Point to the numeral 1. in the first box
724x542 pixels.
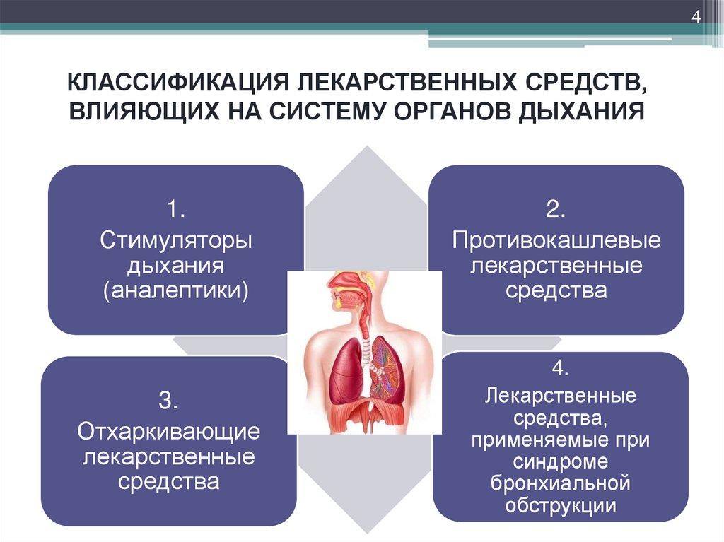[x=176, y=210]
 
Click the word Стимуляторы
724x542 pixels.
[x=176, y=240]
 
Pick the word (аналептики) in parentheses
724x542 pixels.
[x=176, y=290]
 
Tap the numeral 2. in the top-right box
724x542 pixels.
[x=556, y=209]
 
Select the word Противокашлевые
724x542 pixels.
[x=556, y=240]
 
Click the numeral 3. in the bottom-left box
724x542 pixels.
[x=168, y=401]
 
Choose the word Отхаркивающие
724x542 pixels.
[x=168, y=432]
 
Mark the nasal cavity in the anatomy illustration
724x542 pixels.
[x=344, y=283]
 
